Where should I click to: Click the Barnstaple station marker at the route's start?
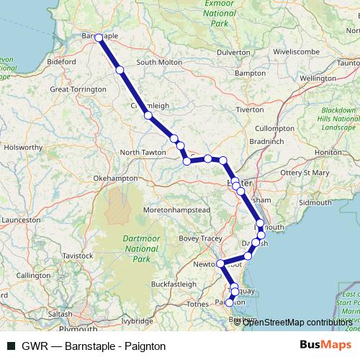[x=99, y=39]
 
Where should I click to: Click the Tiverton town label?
[x=251, y=110]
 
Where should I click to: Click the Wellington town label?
[x=318, y=77]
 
